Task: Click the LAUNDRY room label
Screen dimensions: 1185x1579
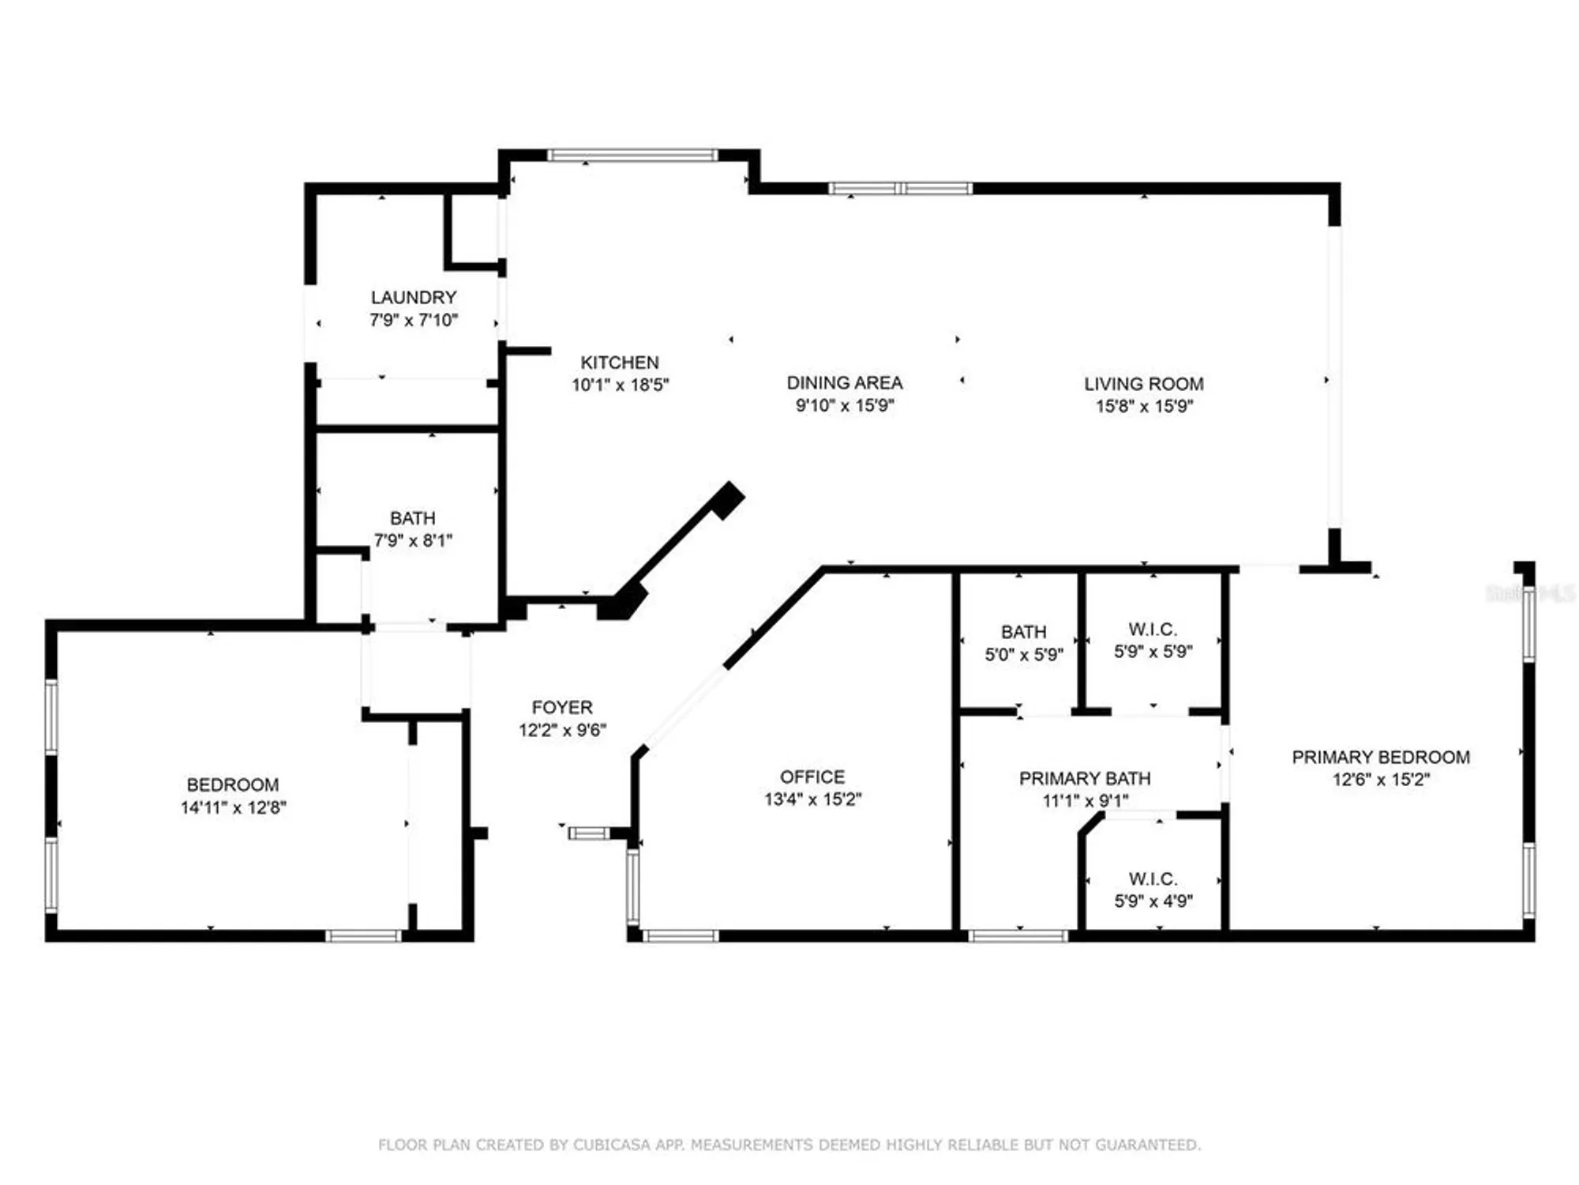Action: [x=414, y=297]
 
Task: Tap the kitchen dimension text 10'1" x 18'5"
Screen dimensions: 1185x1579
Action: [x=620, y=385]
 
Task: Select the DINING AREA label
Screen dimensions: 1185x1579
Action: [x=844, y=382]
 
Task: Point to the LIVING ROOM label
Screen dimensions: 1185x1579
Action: [x=1143, y=384]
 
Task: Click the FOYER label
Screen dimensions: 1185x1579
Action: [x=561, y=707]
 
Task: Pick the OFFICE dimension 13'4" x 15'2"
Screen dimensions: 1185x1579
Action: [x=812, y=799]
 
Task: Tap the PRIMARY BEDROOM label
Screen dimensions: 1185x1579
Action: [x=1380, y=757]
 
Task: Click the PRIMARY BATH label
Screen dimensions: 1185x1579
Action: [x=1084, y=778]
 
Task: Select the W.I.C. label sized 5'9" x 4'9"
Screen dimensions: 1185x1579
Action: [x=1153, y=878]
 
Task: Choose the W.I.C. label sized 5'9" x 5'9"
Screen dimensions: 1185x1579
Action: [x=1153, y=630]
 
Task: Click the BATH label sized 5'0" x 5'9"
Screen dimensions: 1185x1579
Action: [x=1023, y=632]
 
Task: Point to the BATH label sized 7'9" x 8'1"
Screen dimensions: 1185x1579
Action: [x=412, y=518]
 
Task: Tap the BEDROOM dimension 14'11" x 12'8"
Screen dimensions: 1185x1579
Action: [x=233, y=807]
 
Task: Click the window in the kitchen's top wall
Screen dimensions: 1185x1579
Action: [x=632, y=155]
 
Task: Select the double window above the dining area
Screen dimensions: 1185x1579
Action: [x=900, y=188]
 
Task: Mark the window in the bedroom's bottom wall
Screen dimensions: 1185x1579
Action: [x=364, y=936]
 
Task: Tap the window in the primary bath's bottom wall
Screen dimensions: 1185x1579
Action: [x=1018, y=936]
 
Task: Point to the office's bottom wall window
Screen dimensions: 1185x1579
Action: [x=681, y=936]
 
